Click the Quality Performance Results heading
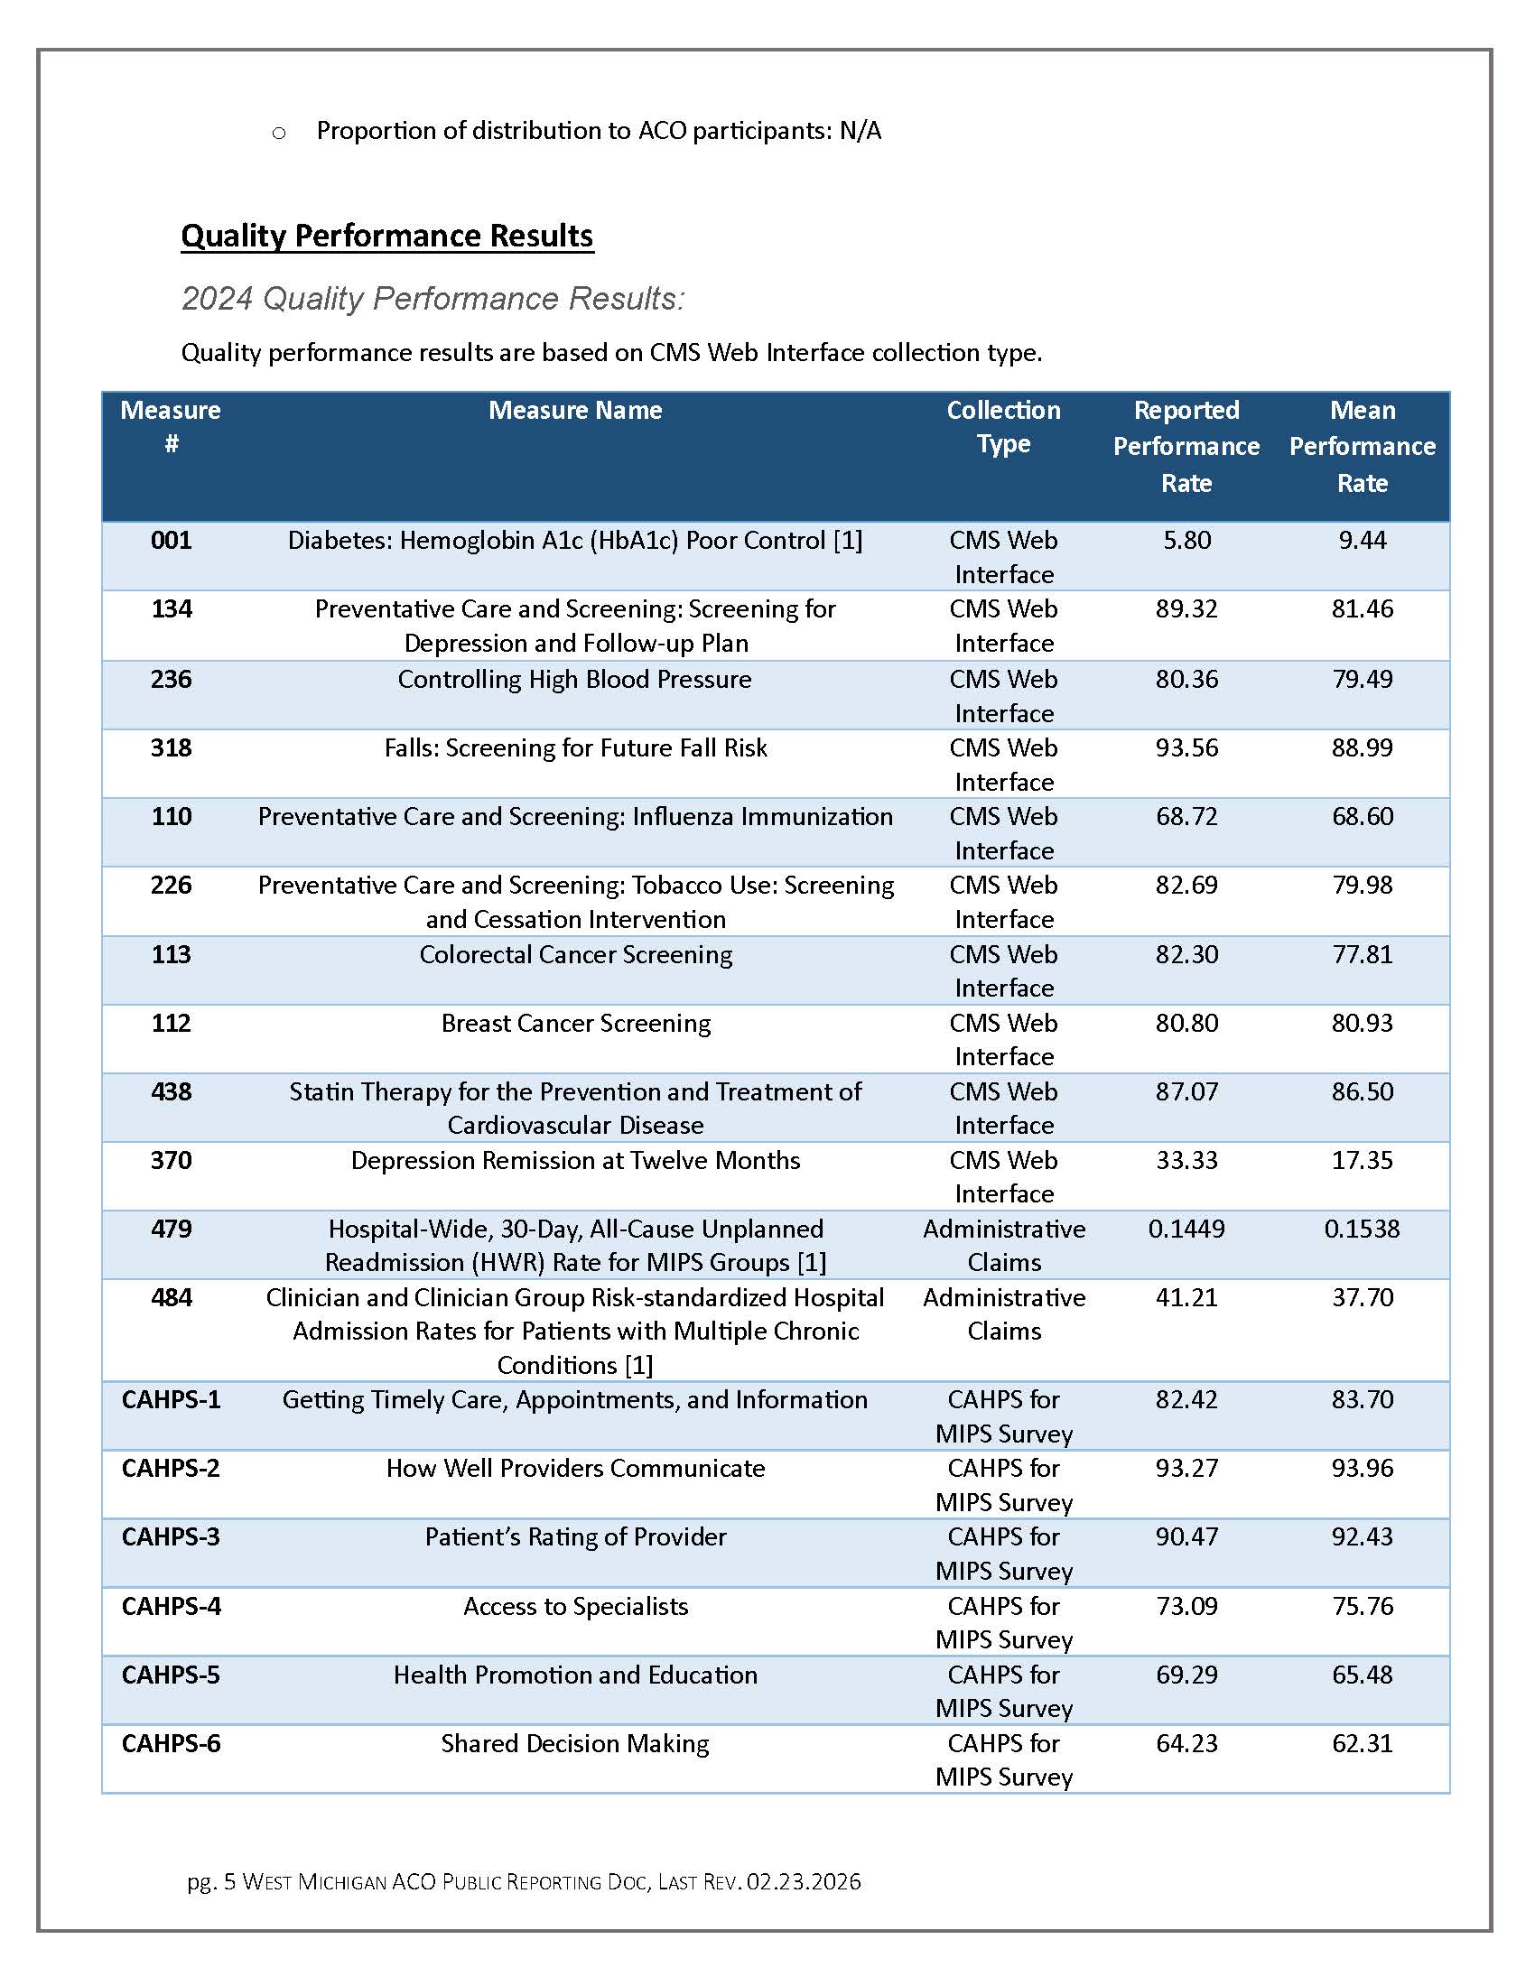[x=386, y=236]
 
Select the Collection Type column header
[x=1003, y=426]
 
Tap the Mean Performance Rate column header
[x=1362, y=446]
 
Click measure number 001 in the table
[x=171, y=540]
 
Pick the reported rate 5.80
[x=1186, y=540]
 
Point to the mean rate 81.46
[x=1362, y=608]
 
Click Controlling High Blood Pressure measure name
[x=574, y=679]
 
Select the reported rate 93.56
[x=1186, y=747]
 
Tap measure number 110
[x=171, y=816]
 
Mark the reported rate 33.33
[x=1186, y=1160]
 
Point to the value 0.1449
[x=1186, y=1229]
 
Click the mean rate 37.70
[x=1362, y=1297]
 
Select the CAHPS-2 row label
[x=171, y=1468]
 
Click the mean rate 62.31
[x=1362, y=1743]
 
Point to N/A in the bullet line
[x=860, y=131]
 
